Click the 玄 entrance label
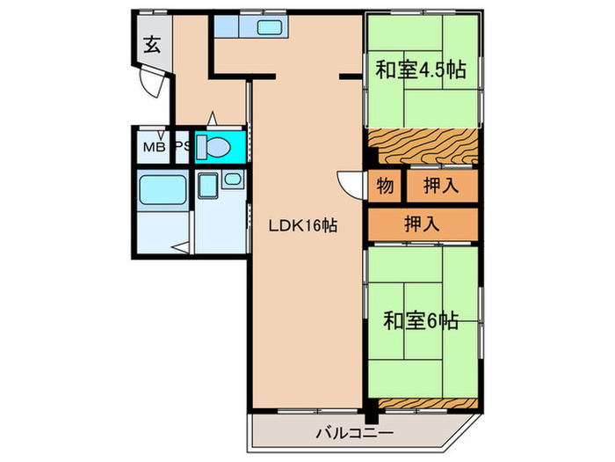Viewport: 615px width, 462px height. (152, 46)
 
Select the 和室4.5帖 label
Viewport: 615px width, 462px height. (421, 70)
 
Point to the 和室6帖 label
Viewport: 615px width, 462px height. (421, 321)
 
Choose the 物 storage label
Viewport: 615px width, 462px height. (385, 187)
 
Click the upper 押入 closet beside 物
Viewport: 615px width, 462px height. (440, 187)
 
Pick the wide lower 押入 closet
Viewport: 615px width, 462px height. (423, 224)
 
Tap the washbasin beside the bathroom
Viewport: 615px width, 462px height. (232, 180)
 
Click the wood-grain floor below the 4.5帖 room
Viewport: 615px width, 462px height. (422, 146)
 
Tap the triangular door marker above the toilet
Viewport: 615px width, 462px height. (212, 117)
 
